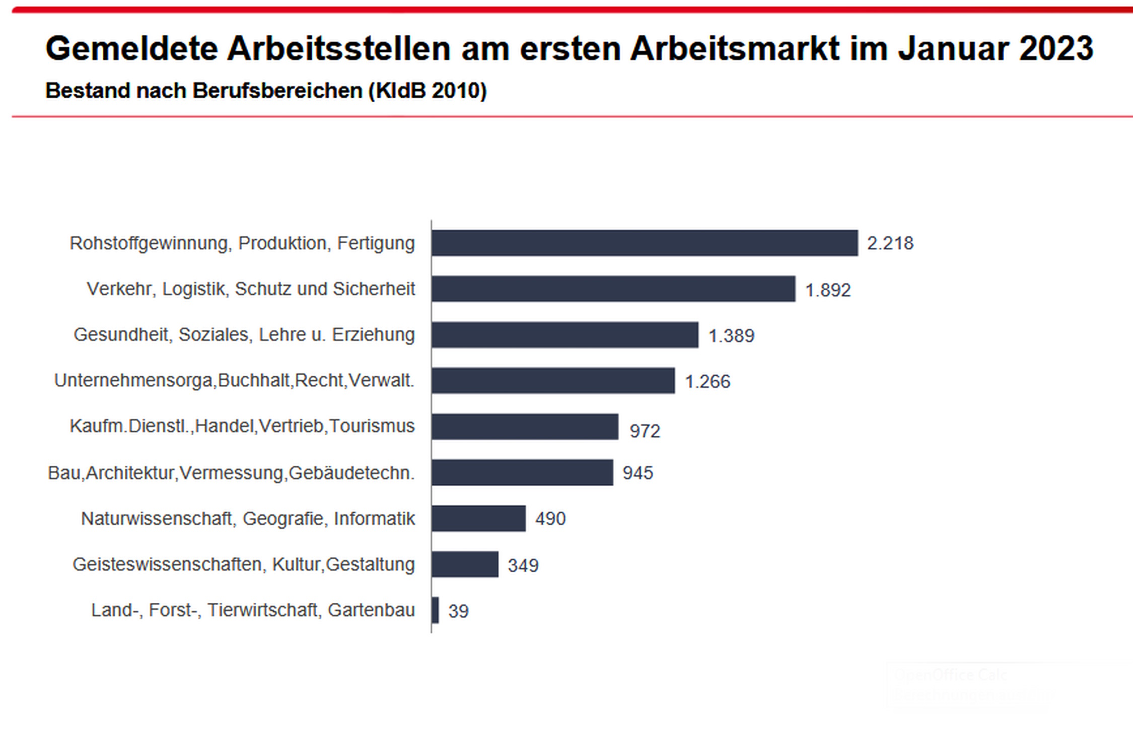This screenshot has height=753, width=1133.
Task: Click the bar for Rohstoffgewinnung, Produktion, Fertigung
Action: click(x=645, y=243)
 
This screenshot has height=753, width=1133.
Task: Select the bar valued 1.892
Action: click(x=613, y=289)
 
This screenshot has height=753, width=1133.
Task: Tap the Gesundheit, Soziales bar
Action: click(x=565, y=334)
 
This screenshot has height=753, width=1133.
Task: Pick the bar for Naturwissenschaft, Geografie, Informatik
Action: click(x=478, y=518)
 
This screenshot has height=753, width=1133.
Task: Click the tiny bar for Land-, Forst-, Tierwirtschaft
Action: click(x=435, y=610)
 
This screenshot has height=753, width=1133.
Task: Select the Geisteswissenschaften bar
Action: click(x=465, y=564)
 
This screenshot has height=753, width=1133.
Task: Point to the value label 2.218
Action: click(x=890, y=243)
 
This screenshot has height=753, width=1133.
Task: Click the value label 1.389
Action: click(x=731, y=336)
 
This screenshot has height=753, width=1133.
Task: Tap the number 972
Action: click(x=645, y=431)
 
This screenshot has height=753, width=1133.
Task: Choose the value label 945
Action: click(x=638, y=473)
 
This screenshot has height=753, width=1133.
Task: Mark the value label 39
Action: click(x=458, y=611)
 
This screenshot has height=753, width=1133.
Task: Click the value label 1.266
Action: click(x=707, y=382)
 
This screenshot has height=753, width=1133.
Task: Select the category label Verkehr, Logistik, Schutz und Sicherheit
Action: click(x=251, y=289)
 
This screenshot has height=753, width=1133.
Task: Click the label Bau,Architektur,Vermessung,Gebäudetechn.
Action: click(x=231, y=473)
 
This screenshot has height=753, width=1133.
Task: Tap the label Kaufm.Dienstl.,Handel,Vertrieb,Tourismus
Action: click(x=242, y=426)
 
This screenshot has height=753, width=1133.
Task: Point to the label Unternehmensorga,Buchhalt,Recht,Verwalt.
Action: click(x=234, y=380)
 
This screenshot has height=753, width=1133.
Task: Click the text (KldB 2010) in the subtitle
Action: click(x=428, y=91)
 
